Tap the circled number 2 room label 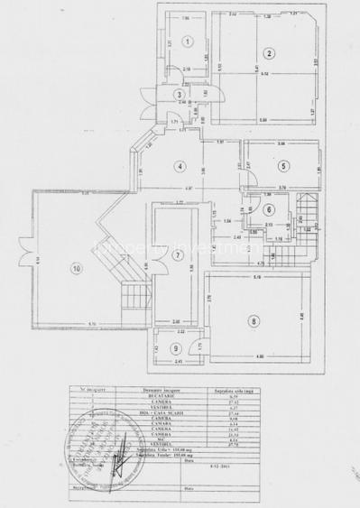pyautogui.click(x=269, y=53)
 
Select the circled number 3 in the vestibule pyautogui.click(x=180, y=94)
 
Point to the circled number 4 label pyautogui.click(x=180, y=166)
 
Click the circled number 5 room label pyautogui.click(x=282, y=165)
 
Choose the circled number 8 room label pyautogui.click(x=254, y=319)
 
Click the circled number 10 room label pyautogui.click(x=77, y=267)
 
